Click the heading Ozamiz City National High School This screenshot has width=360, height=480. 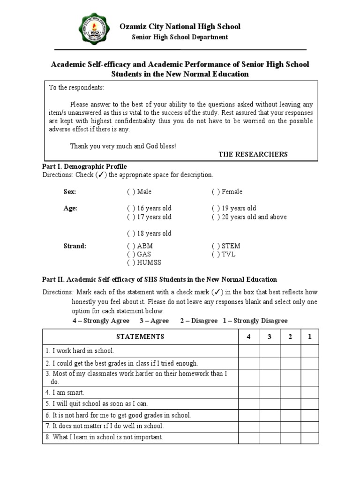tap(180, 26)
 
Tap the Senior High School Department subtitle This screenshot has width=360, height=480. tap(180, 37)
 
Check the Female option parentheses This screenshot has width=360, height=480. tap(215, 192)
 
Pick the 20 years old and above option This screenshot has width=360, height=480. tap(215, 217)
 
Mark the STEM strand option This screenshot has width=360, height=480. tap(215, 246)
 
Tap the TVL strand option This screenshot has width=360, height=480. tap(215, 255)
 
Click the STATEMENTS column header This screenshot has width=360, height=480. tap(140, 337)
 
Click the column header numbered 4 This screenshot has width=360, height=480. tap(248, 337)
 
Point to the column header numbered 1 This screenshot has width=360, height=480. tap(310, 337)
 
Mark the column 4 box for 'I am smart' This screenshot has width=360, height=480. tap(248, 392)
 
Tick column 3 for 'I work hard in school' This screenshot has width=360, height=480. tap(270, 351)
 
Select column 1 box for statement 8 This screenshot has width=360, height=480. tap(310, 438)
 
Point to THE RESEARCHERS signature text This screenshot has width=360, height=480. tap(253, 154)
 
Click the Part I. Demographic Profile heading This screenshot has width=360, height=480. tap(85, 166)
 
